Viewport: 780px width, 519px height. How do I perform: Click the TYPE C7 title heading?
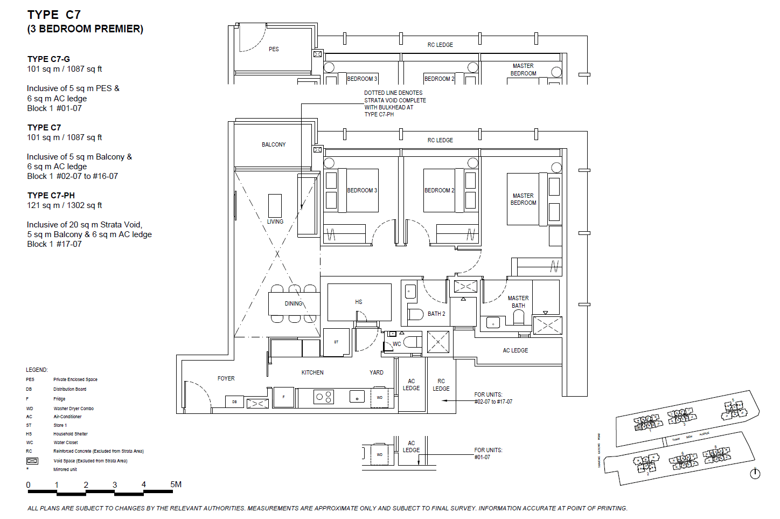(54, 15)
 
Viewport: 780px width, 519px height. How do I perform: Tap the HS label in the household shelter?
(359, 302)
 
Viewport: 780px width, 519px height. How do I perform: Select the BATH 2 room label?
(436, 314)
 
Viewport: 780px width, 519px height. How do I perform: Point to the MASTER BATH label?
(518, 302)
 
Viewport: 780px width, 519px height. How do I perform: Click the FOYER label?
(226, 378)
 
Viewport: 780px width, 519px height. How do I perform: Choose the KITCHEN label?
(312, 372)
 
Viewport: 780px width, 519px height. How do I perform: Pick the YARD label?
(377, 372)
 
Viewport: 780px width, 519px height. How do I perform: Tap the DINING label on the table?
(294, 303)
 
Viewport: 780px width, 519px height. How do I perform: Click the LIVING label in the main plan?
(275, 222)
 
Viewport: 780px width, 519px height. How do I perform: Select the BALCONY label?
(274, 144)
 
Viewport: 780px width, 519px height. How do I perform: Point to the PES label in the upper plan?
(274, 49)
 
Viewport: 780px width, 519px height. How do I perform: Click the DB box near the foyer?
(234, 402)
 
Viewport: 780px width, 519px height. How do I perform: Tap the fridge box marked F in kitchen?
(284, 397)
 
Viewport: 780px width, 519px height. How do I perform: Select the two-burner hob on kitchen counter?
(324, 397)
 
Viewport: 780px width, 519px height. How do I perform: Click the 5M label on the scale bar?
(176, 484)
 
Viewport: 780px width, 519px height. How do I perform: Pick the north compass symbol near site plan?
(755, 473)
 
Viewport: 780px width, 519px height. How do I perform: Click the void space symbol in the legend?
(32, 461)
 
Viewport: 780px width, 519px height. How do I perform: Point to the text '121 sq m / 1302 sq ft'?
(65, 205)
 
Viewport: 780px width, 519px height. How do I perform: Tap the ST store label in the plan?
(336, 342)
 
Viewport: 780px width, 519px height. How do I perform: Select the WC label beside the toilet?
(396, 344)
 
